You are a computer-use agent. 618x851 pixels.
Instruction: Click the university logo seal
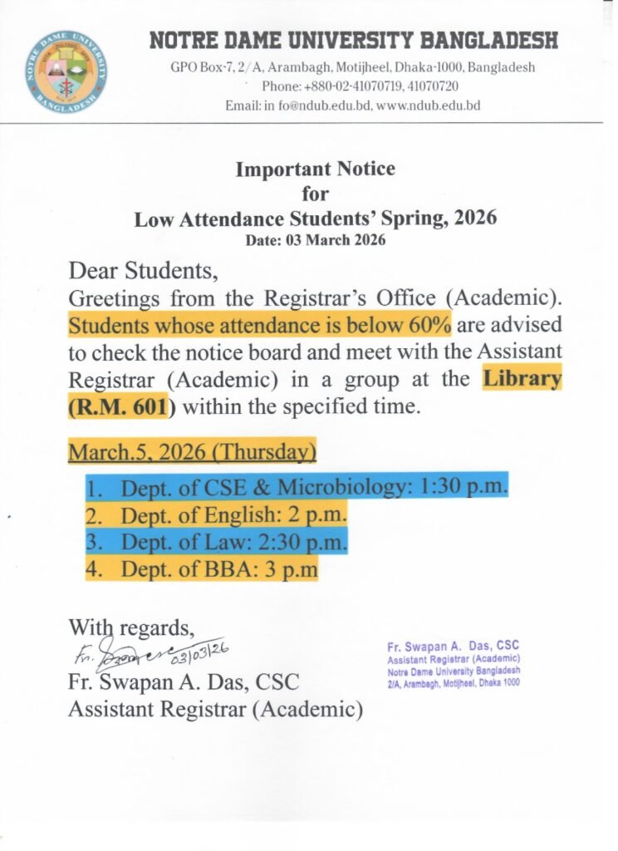(x=66, y=71)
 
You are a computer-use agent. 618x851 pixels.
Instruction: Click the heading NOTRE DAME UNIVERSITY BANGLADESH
(x=353, y=40)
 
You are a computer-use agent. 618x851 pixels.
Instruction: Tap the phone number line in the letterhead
(x=360, y=86)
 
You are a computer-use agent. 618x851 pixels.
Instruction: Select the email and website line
(x=352, y=106)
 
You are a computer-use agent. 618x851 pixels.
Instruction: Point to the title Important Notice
(x=316, y=170)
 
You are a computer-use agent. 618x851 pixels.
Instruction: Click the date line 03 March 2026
(x=316, y=240)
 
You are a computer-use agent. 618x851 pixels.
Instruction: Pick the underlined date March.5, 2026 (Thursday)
(x=192, y=453)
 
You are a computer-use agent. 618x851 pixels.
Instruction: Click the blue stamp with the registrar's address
(x=454, y=664)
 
